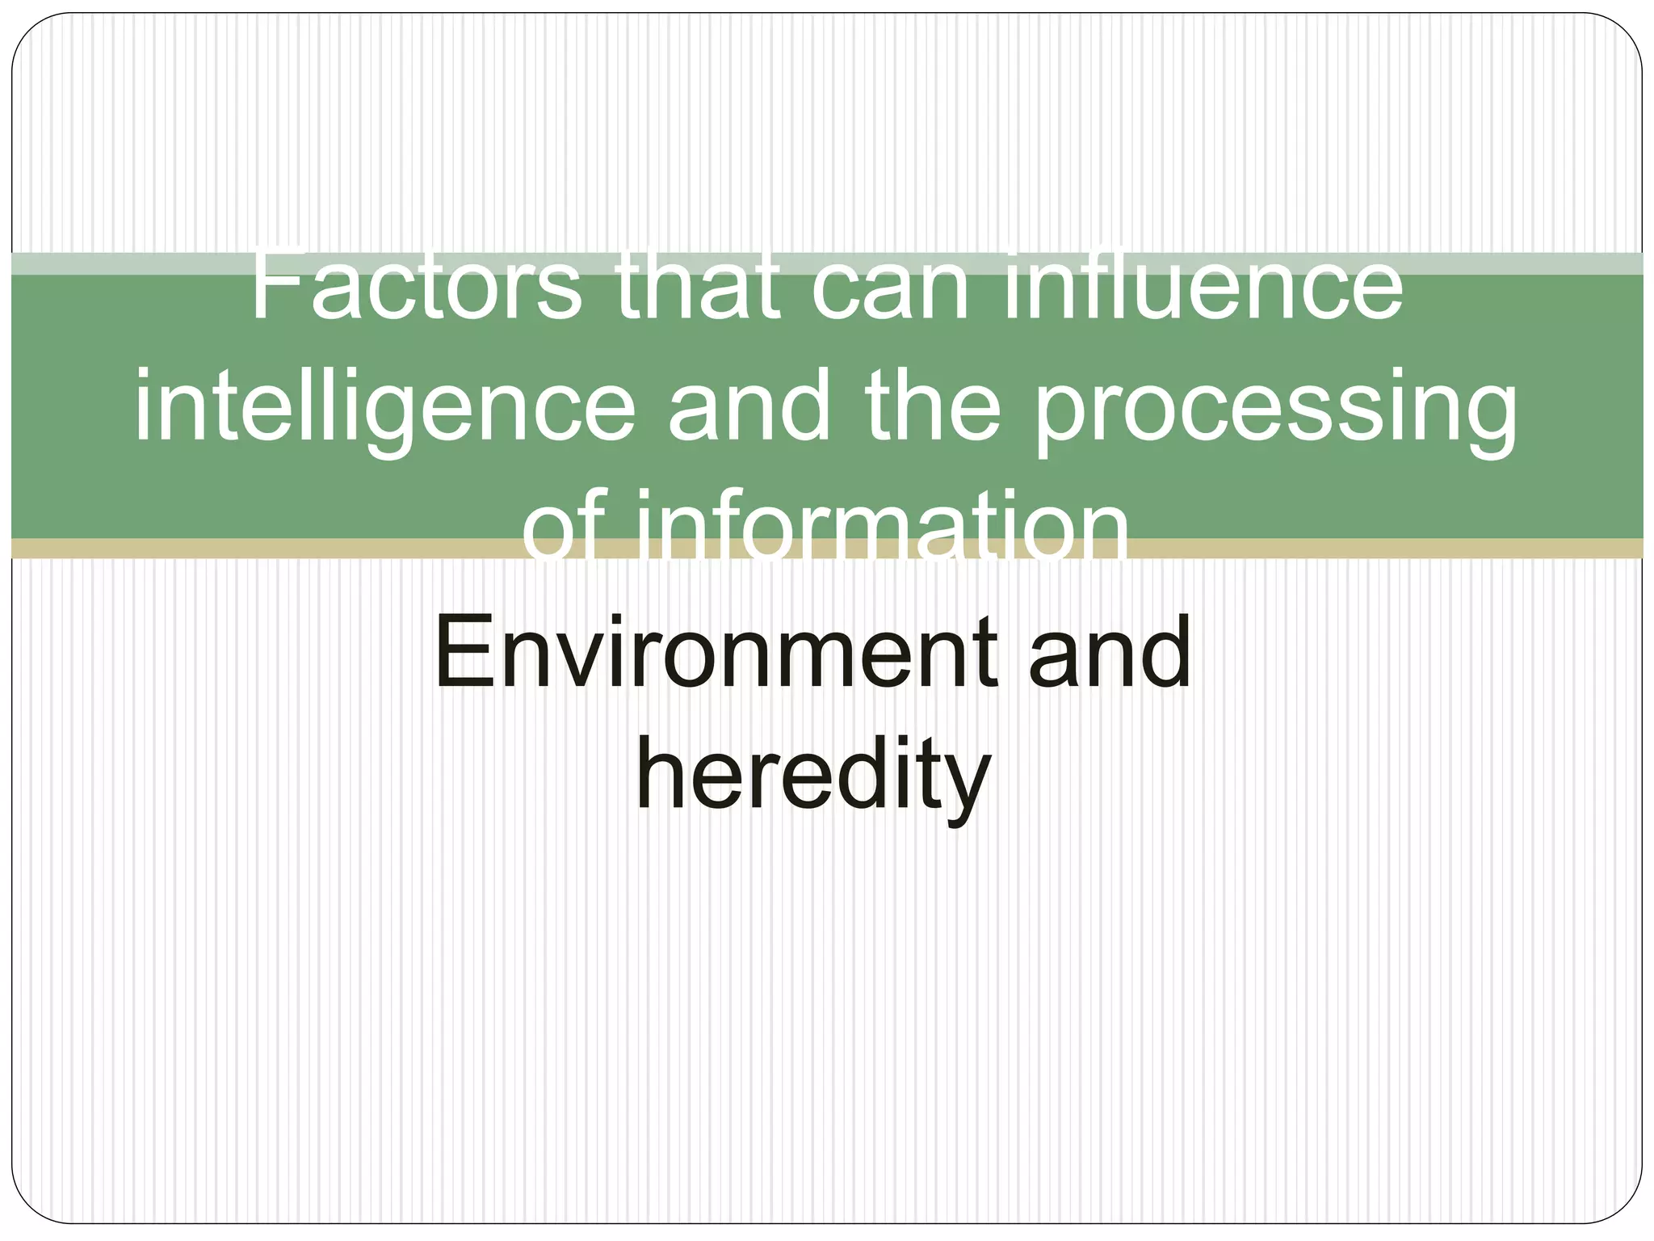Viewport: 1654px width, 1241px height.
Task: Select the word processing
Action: point(1276,408)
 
